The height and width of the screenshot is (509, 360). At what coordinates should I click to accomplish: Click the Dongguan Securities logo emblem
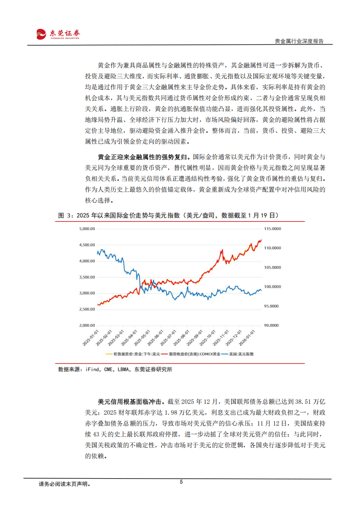(x=41, y=34)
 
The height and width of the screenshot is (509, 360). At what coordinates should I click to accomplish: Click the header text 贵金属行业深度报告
(x=299, y=41)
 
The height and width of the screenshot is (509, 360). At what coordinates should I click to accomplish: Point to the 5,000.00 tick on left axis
(x=86, y=229)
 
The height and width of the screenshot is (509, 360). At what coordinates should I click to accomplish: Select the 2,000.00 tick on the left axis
(x=86, y=325)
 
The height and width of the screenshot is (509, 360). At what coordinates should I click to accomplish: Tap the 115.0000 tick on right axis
(x=272, y=229)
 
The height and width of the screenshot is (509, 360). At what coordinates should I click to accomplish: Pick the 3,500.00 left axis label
(x=86, y=277)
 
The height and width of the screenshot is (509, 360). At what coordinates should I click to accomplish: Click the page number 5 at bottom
(x=181, y=482)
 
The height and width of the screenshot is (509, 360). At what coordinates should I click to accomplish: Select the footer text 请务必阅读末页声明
(x=64, y=484)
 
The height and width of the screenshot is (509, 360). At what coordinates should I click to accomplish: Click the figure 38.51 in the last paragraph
(x=302, y=402)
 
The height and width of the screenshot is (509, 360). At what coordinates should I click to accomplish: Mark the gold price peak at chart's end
(x=261, y=240)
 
